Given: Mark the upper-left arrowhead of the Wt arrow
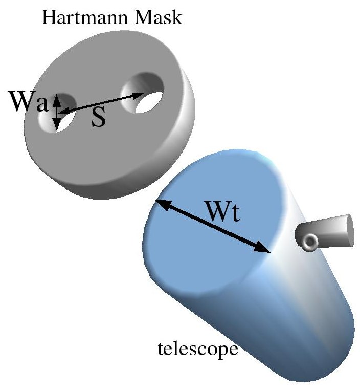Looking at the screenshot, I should (161, 203).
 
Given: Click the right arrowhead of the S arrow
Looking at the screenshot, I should (140, 95).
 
